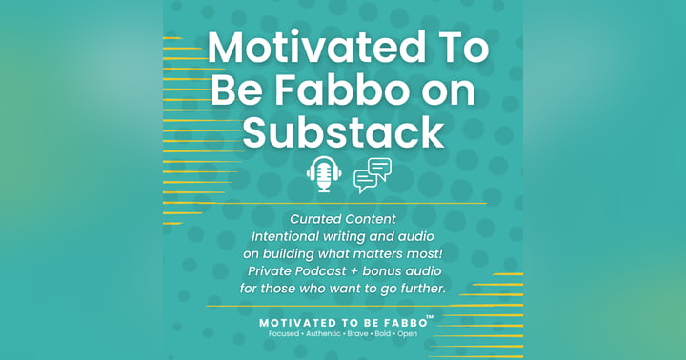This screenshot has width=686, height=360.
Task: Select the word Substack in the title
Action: pos(343,132)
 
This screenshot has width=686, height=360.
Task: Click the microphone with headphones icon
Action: pos(324,174)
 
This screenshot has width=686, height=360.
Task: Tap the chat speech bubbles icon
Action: pos(372,175)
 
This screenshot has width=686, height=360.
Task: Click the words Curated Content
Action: pos(343,219)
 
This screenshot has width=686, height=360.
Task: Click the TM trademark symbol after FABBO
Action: pos(430,317)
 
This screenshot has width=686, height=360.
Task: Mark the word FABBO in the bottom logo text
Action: pos(401,323)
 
